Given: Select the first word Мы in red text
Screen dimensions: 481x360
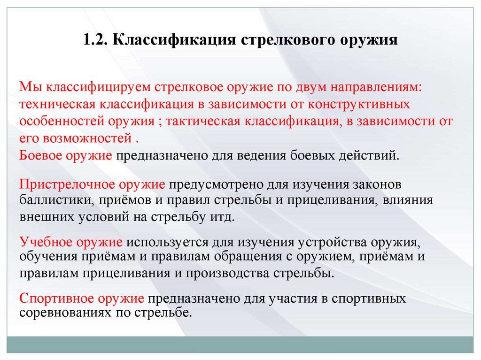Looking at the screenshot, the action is (28, 88).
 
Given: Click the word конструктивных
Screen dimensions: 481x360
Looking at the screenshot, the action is (361, 104).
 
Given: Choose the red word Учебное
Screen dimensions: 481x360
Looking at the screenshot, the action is (47, 243).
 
